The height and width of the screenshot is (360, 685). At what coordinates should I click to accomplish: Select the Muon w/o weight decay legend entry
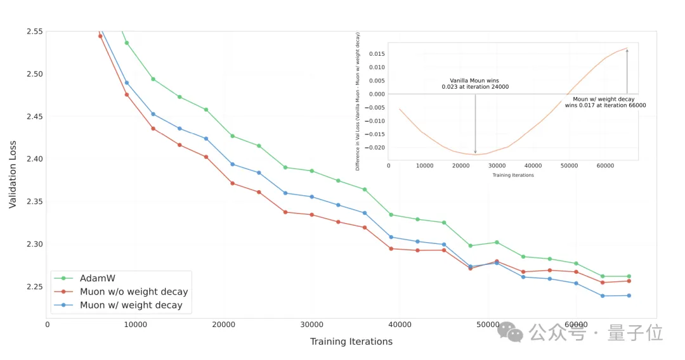click(133, 292)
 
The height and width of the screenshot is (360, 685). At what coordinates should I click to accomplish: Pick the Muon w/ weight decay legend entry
click(131, 305)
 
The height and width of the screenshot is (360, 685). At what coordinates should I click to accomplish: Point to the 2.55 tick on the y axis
click(34, 31)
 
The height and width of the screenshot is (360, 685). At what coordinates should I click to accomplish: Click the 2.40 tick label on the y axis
click(34, 159)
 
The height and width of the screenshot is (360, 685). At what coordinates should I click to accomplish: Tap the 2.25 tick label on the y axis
click(34, 286)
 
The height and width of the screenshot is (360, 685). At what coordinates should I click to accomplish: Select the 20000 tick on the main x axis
click(223, 325)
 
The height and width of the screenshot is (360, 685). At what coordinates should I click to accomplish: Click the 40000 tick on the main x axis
click(400, 325)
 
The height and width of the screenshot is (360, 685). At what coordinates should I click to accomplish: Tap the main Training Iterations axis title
click(351, 342)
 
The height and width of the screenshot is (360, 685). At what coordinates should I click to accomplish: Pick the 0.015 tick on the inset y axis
click(376, 53)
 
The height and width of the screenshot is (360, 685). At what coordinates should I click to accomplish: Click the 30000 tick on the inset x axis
click(497, 165)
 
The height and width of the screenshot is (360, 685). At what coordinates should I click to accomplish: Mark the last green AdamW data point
click(629, 276)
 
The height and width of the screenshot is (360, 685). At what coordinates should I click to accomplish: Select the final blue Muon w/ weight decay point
click(629, 295)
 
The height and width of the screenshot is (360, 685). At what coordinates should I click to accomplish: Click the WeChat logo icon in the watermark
click(511, 331)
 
